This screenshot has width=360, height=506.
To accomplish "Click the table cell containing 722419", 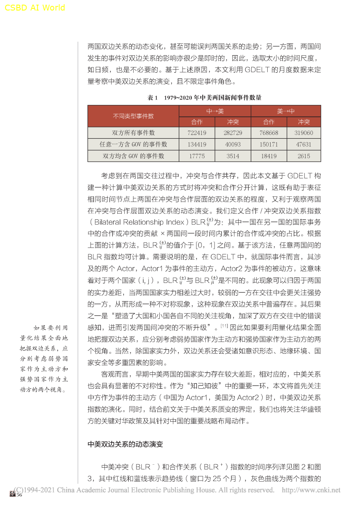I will tap(197, 133).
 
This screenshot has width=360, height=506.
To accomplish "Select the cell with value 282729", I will tap(233, 133).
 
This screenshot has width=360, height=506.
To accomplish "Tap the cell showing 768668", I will tap(269, 133).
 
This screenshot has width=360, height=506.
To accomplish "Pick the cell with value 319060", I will tap(304, 133).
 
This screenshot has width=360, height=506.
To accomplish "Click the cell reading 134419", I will tap(197, 144).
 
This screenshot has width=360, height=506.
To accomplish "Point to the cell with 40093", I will tap(233, 144).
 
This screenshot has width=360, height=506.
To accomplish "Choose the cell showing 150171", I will tap(269, 144).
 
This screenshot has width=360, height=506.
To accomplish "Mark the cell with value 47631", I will tap(304, 144).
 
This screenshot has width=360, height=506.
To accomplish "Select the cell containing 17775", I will tap(197, 156).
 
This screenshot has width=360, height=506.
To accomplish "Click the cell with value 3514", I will tap(233, 156).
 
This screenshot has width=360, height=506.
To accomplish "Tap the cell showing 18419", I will tap(269, 156).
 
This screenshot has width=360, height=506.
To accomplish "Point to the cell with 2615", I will tap(304, 156).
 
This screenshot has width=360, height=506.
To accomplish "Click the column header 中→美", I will tap(215, 111).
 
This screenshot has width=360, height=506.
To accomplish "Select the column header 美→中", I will tap(286, 111).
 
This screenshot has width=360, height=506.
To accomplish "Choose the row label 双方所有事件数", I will tap(133, 133).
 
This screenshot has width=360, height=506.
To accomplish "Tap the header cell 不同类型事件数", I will tap(133, 116).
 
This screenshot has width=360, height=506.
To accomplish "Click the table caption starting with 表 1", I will tap(204, 98).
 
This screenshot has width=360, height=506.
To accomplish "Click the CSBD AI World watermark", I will tap(35, 8).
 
